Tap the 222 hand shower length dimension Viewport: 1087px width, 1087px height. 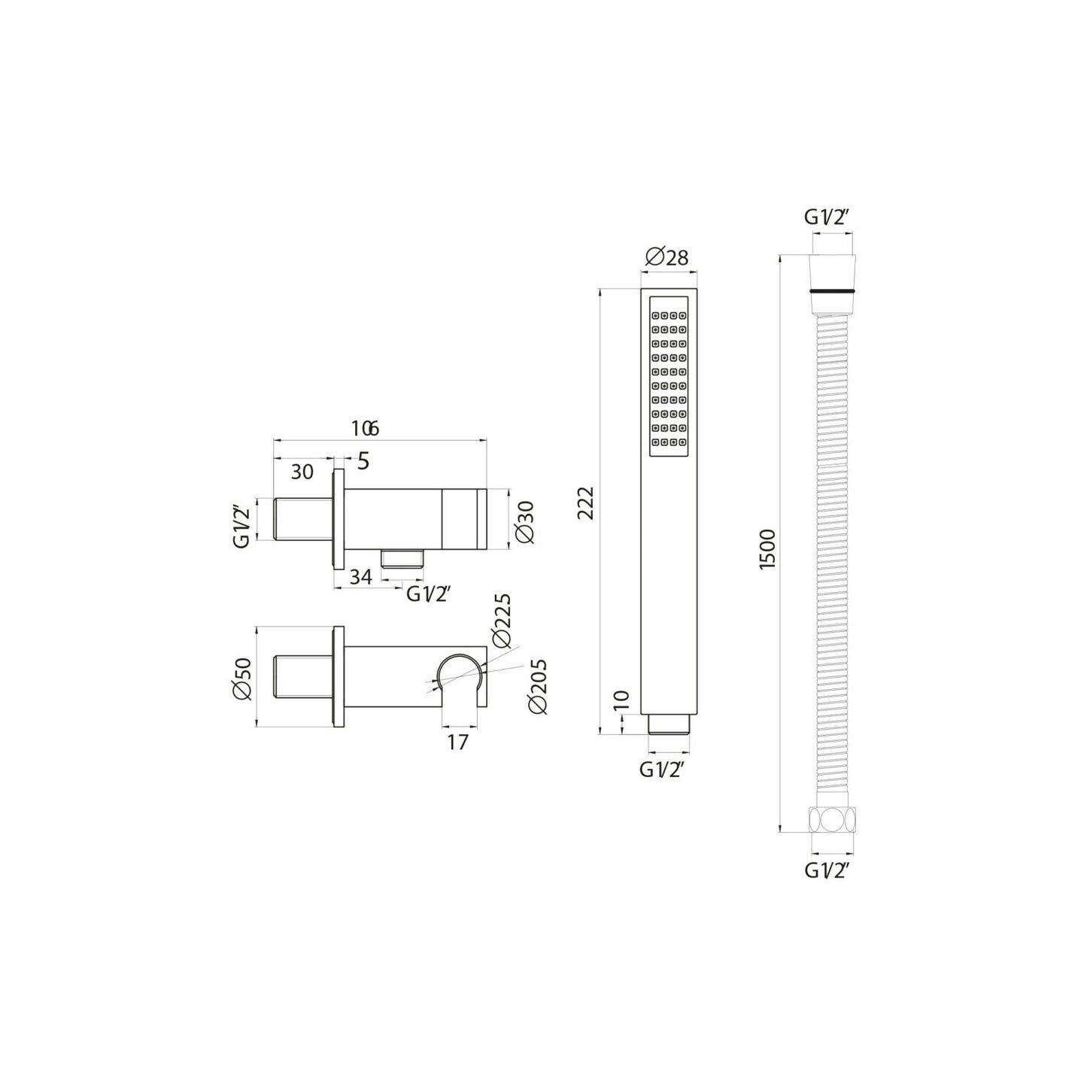point(586,503)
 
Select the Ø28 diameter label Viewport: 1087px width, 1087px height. point(666,257)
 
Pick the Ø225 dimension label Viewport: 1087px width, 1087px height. point(502,621)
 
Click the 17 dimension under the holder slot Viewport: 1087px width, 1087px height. point(457,742)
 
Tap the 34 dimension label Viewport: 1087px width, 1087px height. point(361,577)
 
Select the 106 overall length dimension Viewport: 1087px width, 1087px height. point(365,429)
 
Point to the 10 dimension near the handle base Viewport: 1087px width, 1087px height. point(621,700)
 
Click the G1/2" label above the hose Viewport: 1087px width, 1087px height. point(827,217)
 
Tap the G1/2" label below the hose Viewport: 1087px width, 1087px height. point(827,870)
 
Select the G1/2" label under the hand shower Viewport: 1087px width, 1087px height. point(661,770)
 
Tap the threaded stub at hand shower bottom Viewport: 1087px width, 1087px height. point(668,724)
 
